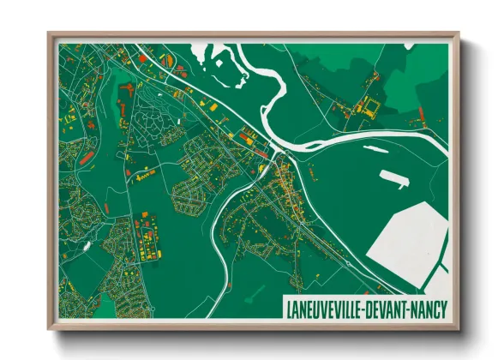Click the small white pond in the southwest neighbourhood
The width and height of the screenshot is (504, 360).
86,246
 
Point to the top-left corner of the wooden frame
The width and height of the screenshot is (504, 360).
49,34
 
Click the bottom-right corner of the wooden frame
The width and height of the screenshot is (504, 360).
459,328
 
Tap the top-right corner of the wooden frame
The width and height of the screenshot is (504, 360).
459,34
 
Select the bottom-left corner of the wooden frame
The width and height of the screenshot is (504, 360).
49,328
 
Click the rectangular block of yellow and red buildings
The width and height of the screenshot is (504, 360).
146,241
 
